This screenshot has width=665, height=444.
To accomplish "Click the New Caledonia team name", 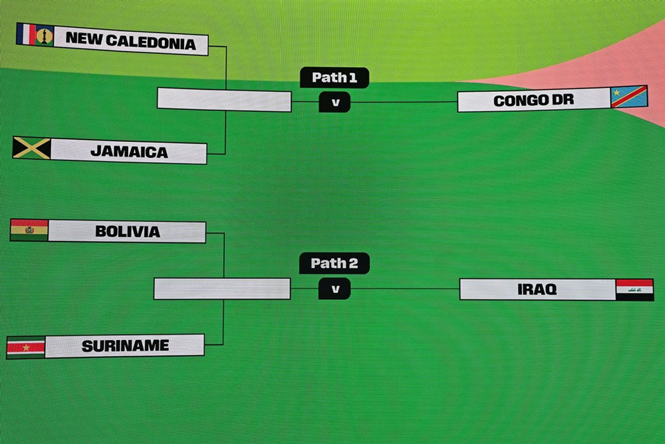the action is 131,41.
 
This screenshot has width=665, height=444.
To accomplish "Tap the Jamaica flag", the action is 32,148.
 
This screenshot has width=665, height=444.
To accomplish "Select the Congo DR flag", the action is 629,97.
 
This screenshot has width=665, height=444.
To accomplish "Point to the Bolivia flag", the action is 29,230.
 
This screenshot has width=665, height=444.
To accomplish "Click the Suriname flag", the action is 26,348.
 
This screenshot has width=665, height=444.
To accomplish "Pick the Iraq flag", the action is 635,290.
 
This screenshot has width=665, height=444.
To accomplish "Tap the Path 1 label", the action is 334,78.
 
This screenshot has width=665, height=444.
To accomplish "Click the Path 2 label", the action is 334,263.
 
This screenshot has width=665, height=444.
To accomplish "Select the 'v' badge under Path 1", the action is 335,103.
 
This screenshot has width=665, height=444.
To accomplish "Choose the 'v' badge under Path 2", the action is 335,289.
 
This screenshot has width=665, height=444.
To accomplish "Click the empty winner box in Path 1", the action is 224,100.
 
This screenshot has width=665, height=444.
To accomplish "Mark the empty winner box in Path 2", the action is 222,289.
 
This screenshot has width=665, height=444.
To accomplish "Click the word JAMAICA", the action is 130,152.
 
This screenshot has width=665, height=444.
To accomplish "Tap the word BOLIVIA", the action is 127,231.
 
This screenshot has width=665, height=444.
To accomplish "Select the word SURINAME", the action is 125,346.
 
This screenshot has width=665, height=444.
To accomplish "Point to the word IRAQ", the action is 537,290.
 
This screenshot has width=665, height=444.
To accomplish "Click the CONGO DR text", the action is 533,100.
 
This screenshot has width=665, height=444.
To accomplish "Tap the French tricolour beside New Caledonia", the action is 26,34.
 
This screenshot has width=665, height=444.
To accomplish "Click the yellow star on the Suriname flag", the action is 26,348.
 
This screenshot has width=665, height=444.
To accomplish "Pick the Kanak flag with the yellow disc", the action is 44,35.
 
